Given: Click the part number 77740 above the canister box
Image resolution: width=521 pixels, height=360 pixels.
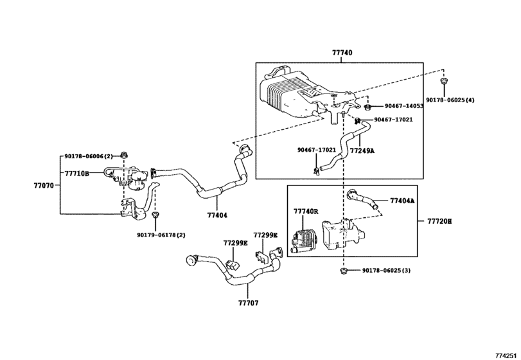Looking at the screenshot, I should (342, 53).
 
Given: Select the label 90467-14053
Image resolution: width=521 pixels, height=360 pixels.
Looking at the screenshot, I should (404, 106).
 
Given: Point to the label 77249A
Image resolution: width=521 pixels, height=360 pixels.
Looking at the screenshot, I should (362, 150).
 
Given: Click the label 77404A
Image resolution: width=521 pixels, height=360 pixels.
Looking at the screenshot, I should (403, 201).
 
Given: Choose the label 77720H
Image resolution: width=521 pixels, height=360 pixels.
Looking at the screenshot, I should (439, 221).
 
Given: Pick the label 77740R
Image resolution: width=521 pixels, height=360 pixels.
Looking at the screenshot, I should (306, 212).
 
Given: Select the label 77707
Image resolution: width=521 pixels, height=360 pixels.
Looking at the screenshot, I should (248, 302).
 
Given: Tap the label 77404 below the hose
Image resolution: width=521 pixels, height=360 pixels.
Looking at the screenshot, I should (217, 216).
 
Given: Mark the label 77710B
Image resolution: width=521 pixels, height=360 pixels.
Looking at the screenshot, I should (76, 173).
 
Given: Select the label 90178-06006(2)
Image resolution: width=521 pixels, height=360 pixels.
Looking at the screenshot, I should (89, 156).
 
